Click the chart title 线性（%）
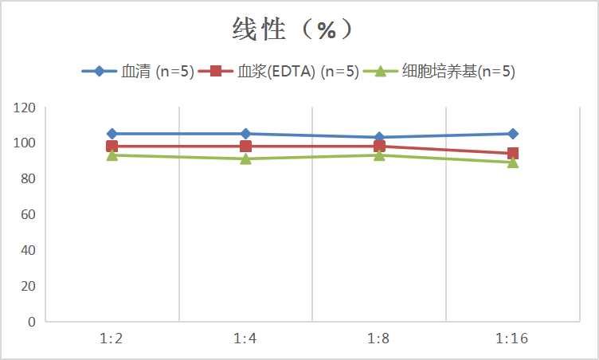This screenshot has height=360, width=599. tap(292, 29)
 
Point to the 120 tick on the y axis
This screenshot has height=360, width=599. tap(26, 108)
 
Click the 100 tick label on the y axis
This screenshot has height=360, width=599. tap(26, 143)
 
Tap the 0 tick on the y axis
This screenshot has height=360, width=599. tap(32, 322)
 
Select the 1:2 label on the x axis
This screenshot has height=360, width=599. tap(112, 339)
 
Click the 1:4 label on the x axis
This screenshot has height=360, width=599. tap(245, 339)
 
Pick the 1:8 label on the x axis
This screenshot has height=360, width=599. tap(379, 339)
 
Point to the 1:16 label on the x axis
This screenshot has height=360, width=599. tap(513, 339)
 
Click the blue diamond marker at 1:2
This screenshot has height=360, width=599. tap(112, 134)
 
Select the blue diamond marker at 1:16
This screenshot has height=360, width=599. tap(513, 134)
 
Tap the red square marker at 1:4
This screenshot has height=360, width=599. tap(245, 147)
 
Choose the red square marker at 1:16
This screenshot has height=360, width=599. tap(513, 154)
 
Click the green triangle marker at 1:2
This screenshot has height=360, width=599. tap(112, 155)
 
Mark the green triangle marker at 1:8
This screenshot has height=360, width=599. tap(379, 155)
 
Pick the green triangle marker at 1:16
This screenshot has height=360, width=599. tap(513, 162)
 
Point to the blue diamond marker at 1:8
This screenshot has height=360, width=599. tap(379, 137)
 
